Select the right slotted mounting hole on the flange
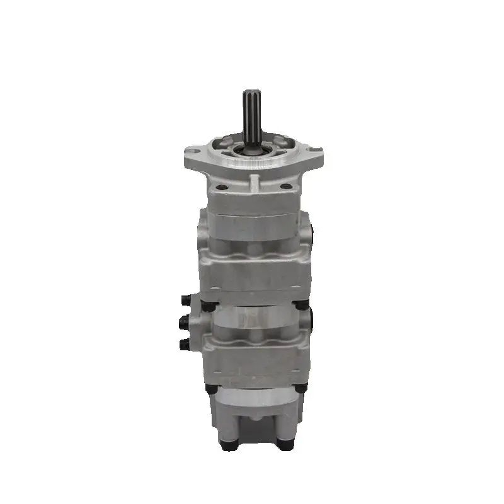[314, 149]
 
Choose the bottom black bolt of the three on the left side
[185, 344]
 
